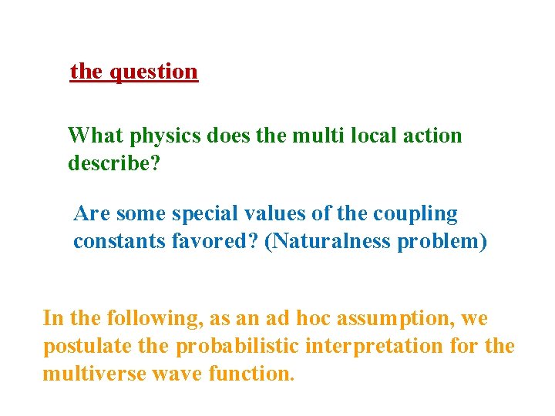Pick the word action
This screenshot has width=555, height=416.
pos(433,136)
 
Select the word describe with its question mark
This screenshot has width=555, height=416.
pos(114,164)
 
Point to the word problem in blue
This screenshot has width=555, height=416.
pos(442,242)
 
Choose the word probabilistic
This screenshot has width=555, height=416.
pos(238,347)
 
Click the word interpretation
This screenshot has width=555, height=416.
pos(376,347)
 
